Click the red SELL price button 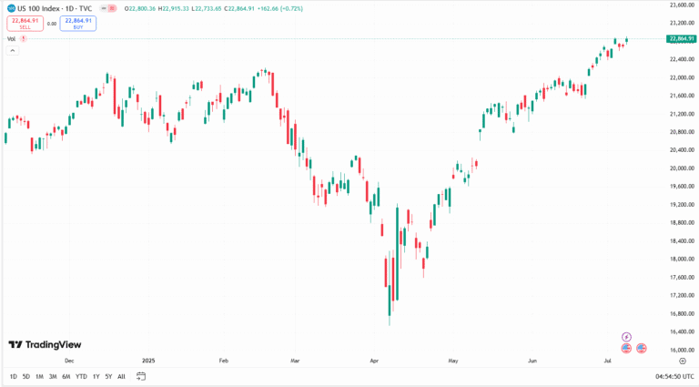25,23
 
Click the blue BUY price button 77,23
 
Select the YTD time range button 81,376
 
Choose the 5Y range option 108,376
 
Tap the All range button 121,376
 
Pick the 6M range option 66,376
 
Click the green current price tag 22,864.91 681,38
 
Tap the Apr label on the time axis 373,361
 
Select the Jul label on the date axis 606,361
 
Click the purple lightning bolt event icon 626,337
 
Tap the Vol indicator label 12,39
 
